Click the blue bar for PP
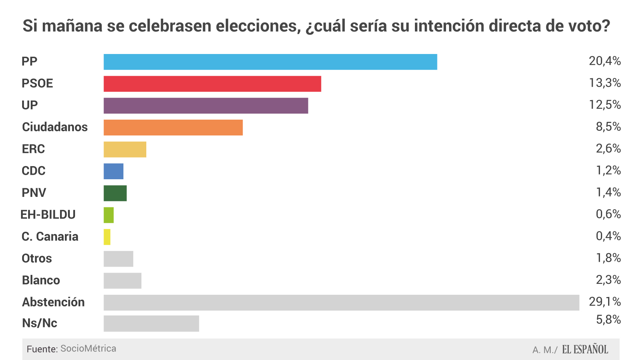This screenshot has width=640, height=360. click(270, 62)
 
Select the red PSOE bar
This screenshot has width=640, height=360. click(212, 84)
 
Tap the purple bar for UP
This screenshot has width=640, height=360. click(206, 106)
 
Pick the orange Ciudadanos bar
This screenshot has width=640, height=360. click(173, 127)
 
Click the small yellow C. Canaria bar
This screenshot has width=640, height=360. click(107, 237)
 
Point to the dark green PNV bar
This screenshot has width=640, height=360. click(115, 193)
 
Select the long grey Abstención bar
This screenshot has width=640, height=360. click(341, 303)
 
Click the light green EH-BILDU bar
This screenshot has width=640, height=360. click(108, 215)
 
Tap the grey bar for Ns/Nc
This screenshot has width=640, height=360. click(151, 324)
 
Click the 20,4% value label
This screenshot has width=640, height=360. click(604, 61)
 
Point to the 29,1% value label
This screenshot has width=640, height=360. click(604, 301)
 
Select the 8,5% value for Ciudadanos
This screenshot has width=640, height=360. click(608, 127)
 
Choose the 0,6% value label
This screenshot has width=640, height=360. click(608, 214)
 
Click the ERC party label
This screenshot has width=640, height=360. click(33, 149)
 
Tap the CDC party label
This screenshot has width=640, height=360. click(33, 171)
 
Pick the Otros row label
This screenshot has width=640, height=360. click(37, 258)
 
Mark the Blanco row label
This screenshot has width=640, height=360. click(41, 280)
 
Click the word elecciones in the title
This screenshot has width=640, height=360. click(258, 26)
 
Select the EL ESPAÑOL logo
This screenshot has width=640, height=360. click(585, 349)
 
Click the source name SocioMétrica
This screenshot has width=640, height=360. click(88, 349)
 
